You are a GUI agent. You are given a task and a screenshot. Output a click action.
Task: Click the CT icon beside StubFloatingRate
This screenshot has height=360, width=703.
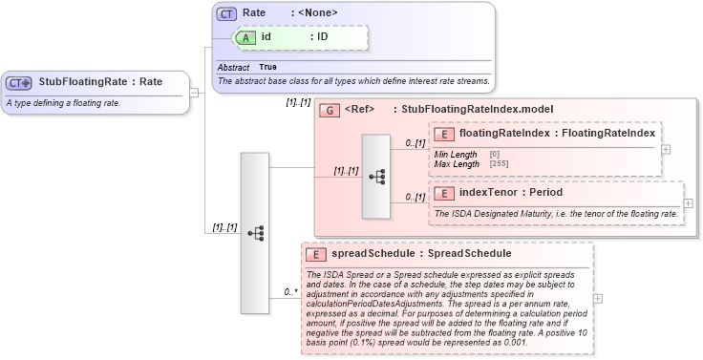pos(19,82)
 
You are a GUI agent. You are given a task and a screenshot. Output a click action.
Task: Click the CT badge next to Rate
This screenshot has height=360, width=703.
pos(226,13)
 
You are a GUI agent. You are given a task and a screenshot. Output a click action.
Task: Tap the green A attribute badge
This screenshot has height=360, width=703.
pos(245,36)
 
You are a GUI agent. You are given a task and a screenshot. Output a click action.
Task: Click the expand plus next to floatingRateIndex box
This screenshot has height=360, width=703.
pos(666,149)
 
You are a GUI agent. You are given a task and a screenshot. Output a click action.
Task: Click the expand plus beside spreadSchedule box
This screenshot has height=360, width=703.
pos(598,299)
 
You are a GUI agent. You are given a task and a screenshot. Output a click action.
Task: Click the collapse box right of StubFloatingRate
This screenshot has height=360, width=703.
pos(194,93)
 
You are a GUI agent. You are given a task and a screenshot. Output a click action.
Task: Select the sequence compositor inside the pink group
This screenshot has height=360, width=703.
pos(375,177)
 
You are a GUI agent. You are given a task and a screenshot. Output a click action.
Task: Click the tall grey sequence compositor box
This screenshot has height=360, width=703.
pos(254,232)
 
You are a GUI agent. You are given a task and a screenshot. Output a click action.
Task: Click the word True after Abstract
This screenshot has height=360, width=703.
pos(267,68)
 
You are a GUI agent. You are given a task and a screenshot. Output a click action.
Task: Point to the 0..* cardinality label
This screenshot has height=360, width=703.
pos(291,292)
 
